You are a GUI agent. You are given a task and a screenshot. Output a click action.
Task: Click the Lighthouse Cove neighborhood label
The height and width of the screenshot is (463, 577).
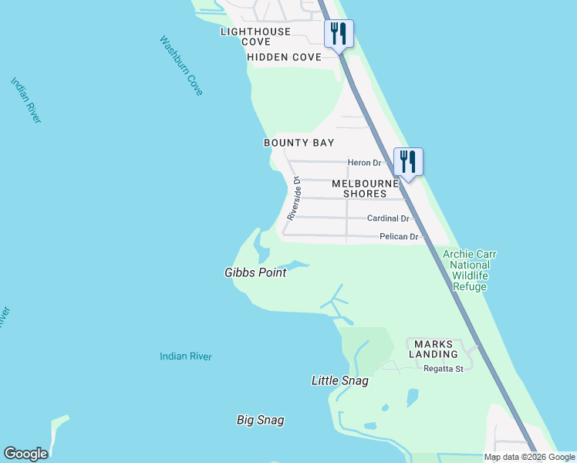click(x=255, y=36)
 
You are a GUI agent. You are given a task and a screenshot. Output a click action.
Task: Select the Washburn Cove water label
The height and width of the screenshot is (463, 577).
click(x=181, y=66)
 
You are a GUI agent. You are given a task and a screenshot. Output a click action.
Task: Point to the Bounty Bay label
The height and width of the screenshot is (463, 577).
click(x=299, y=143)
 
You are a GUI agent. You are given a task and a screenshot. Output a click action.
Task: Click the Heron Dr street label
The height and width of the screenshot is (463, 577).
click(x=364, y=162)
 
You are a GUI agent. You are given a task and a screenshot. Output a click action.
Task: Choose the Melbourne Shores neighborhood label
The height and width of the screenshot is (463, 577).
click(x=365, y=188)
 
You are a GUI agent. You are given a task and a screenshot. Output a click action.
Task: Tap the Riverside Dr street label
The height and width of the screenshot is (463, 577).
click(x=293, y=199)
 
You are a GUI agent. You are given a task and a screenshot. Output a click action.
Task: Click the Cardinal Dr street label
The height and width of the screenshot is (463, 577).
click(x=392, y=218)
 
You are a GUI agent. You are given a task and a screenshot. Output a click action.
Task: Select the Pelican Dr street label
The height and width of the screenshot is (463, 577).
click(x=398, y=237)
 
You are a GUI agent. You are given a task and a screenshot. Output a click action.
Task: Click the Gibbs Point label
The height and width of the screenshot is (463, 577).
click(x=255, y=272)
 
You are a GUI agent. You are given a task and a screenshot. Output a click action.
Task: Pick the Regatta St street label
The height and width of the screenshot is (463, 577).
click(x=443, y=369)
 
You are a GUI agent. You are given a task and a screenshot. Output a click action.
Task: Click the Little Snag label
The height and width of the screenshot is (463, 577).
click(x=339, y=380)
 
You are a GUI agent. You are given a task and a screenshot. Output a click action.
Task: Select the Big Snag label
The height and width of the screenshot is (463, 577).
click(x=260, y=421)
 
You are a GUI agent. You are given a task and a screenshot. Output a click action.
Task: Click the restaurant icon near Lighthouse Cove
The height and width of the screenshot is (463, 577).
click(x=339, y=34)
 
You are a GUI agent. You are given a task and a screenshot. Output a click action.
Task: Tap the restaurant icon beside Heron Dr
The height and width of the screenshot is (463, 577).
click(x=408, y=162)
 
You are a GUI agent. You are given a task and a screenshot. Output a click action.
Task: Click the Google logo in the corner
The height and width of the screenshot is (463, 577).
click(x=25, y=454)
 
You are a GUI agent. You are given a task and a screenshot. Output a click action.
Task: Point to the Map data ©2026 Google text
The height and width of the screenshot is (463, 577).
click(x=530, y=457)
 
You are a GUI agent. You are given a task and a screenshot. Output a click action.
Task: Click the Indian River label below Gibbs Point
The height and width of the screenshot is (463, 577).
click(x=185, y=357)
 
